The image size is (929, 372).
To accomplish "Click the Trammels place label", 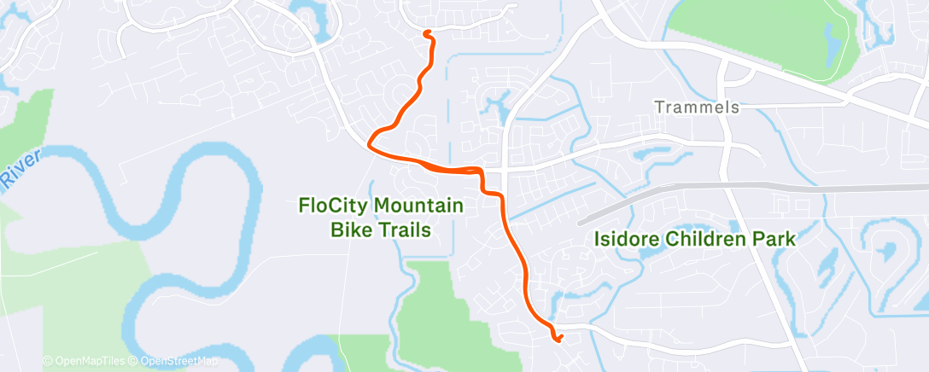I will (696, 108).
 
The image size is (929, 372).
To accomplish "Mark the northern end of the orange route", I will (426, 33).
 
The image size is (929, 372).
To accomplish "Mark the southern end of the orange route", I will (558, 340).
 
